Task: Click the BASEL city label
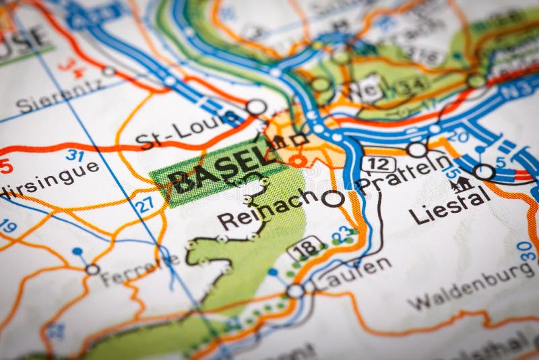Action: click(x=214, y=172)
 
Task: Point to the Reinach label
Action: click(x=267, y=210)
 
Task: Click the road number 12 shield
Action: click(x=377, y=162)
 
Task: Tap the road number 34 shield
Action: click(x=412, y=84)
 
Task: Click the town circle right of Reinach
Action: click(x=332, y=198)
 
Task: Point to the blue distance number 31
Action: click(x=75, y=154)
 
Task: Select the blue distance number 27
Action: click(x=144, y=204)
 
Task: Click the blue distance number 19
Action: click(x=7, y=226)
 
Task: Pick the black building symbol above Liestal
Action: click(x=462, y=183)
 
